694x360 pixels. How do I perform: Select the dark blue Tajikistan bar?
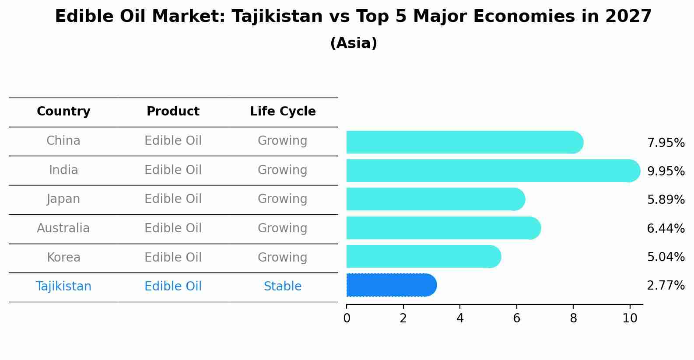click(391, 285)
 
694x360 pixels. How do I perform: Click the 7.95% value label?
click(666, 143)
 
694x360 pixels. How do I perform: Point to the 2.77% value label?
click(666, 286)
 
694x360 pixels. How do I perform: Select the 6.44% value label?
click(666, 228)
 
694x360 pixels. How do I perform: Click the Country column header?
click(63, 112)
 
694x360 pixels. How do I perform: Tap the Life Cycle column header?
click(283, 112)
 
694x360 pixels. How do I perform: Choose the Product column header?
click(173, 112)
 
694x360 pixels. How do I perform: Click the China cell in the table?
click(63, 141)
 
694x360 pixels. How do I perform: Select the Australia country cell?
click(63, 228)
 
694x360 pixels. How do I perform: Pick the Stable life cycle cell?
click(283, 287)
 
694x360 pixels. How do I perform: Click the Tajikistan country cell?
click(63, 287)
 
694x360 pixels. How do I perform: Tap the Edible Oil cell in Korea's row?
click(173, 257)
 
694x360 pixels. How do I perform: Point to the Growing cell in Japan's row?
click(283, 199)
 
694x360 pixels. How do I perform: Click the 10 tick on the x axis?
click(630, 318)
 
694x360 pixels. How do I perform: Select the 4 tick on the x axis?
click(460, 318)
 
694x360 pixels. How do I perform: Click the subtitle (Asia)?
click(354, 43)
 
